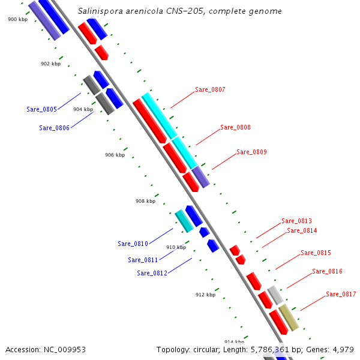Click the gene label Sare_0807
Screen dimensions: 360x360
pos(210,90)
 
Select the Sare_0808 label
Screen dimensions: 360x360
pos(235,127)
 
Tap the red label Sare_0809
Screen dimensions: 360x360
pos(251,152)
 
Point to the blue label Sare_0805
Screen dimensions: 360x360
pos(41,109)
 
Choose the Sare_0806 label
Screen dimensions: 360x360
pos(54,128)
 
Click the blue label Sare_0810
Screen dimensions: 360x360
pos(133,244)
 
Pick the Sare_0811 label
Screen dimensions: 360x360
pos(143,260)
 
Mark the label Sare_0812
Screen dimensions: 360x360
pos(152,273)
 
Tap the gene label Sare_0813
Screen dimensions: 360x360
pos(296,221)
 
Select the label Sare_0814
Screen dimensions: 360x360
pos(302,230)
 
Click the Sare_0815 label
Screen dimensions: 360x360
pos(316,253)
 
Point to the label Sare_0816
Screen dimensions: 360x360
pos(327,272)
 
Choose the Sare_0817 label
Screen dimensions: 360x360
pos(341,294)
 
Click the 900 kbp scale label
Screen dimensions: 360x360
pos(17,20)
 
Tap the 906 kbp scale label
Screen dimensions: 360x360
pos(115,155)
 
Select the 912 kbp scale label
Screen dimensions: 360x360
pos(205,295)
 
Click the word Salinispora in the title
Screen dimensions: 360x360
pos(101,11)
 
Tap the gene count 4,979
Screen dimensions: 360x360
pos(341,349)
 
